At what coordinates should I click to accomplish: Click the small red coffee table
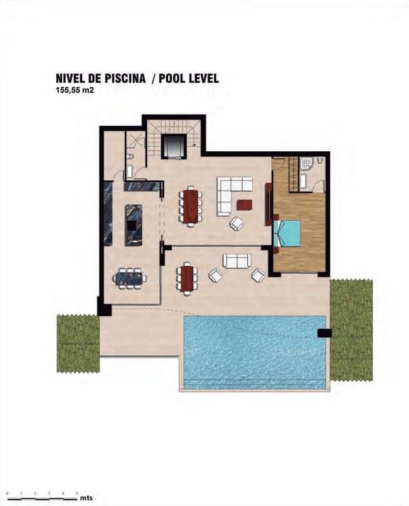pos(244,205)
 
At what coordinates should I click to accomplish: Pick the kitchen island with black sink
pos(133,225)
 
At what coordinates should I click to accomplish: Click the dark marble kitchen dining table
pos(130,278)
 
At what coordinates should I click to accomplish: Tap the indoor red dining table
pos(190,206)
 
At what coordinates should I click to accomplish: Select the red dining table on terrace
pos(186,278)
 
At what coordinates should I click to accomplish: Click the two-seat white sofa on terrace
pos(237,261)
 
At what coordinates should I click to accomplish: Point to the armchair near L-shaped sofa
pos(236,223)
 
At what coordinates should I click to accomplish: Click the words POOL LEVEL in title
pos(189,79)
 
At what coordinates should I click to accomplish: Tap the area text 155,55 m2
pos(75,90)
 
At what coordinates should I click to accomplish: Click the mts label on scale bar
pos(87,498)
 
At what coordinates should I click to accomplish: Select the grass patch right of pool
pos(351,329)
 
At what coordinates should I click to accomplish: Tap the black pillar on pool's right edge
pos(324,333)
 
